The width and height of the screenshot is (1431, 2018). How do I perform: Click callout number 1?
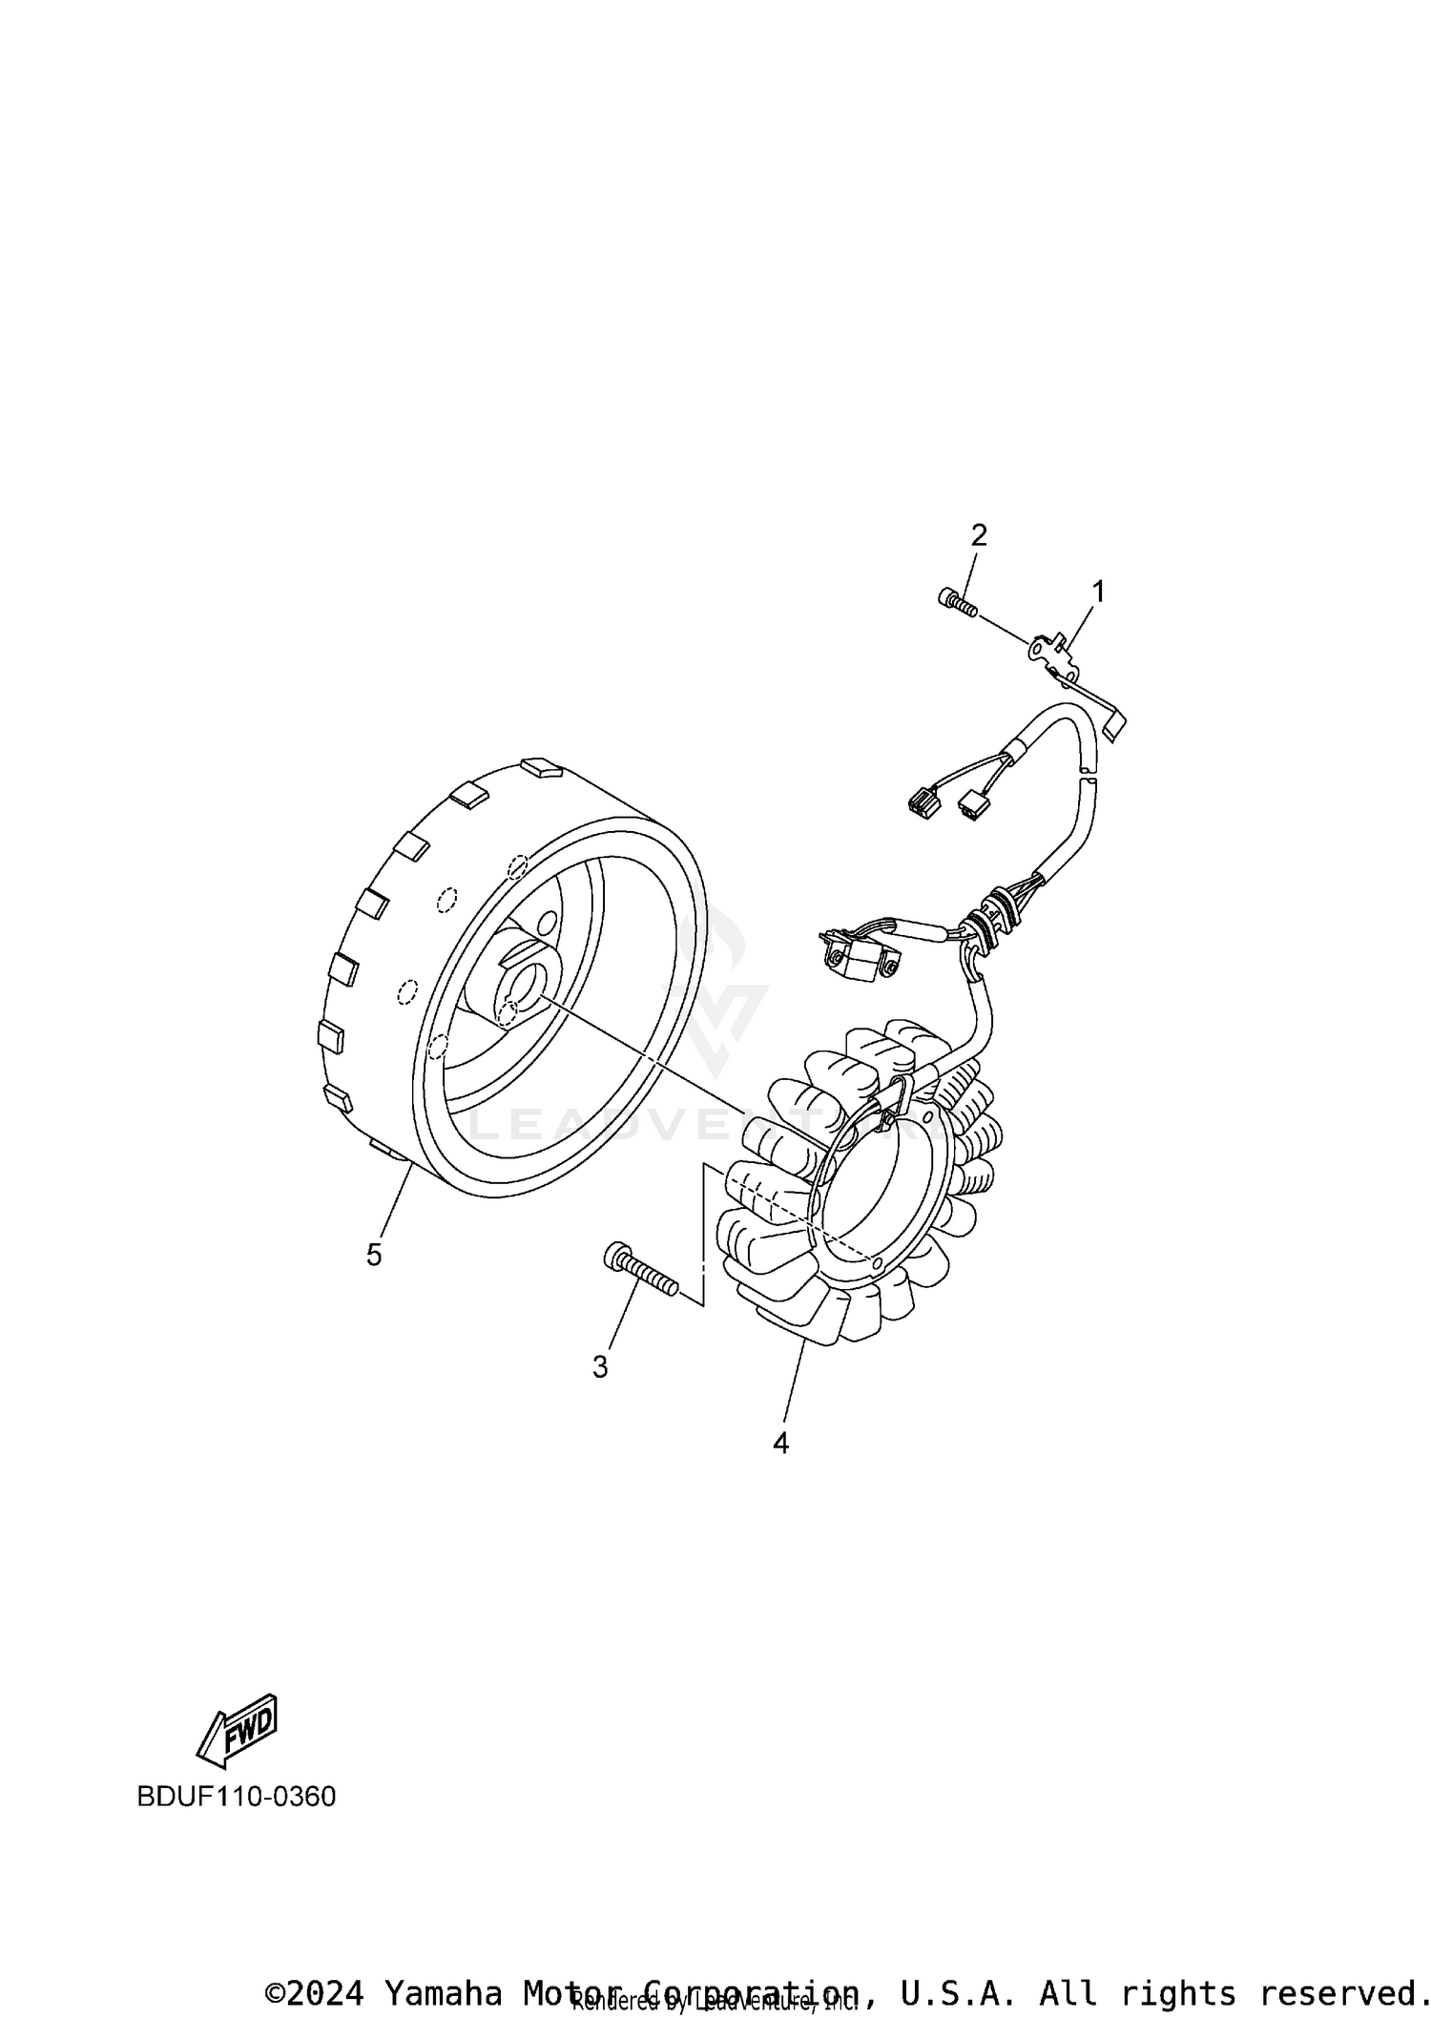click(1098, 593)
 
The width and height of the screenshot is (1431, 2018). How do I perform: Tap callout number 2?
click(979, 536)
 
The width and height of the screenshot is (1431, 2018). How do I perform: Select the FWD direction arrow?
click(237, 1727)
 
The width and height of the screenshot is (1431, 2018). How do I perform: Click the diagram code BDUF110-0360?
click(237, 1797)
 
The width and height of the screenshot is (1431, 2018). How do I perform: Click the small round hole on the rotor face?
click(547, 925)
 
